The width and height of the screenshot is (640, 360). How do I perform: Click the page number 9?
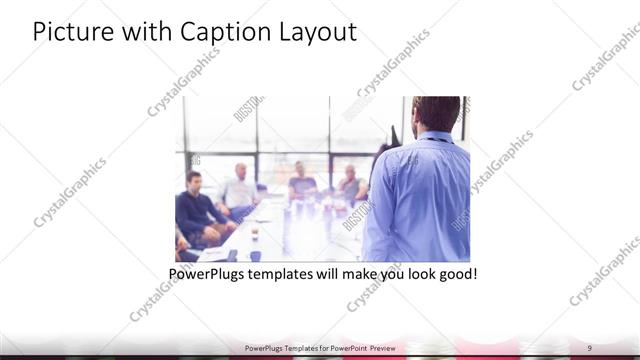[590, 348]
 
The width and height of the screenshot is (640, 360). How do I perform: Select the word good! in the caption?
[455, 273]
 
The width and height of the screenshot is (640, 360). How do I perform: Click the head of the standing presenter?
[437, 113]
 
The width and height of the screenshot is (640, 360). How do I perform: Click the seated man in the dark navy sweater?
[196, 207]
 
